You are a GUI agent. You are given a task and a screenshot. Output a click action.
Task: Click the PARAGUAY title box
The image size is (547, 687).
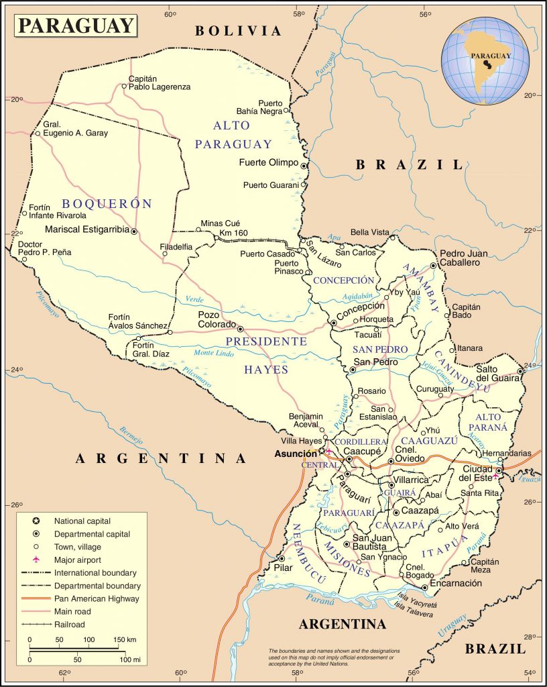point(75,25)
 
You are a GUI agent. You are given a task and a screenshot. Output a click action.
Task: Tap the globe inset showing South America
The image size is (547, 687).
point(485,61)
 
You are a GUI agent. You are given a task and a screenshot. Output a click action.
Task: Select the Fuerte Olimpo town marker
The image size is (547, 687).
point(304,165)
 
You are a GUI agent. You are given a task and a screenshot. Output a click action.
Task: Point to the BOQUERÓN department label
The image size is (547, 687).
point(107,204)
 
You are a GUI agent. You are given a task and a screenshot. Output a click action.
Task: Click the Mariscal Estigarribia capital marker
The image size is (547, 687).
point(134,231)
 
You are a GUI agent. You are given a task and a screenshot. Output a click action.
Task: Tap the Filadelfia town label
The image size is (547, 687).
point(176,247)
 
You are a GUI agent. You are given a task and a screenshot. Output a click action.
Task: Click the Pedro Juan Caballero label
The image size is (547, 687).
point(463,258)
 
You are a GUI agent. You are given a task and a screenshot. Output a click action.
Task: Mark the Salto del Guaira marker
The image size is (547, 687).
point(520,370)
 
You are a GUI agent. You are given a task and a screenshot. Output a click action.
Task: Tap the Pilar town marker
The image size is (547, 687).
point(282,558)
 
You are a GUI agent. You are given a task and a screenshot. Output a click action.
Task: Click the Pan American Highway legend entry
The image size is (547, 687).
point(97,598)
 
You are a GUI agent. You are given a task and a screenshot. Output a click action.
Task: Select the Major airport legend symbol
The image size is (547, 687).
point(36,560)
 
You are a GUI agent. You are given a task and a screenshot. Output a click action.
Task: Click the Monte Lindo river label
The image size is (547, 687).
point(212,354)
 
